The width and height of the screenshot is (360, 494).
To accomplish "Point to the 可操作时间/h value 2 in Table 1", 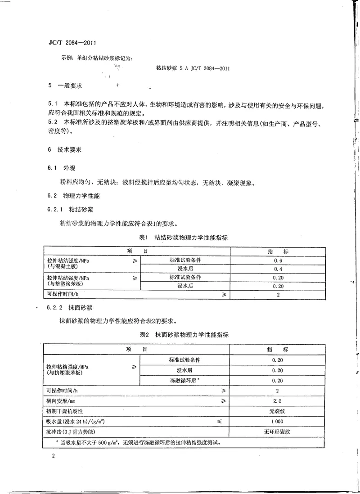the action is click(278, 295).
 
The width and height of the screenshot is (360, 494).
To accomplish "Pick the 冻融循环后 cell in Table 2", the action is click(184, 380).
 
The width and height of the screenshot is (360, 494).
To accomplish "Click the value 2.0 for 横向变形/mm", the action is click(277, 401).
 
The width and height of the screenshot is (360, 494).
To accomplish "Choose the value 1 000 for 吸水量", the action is click(277, 422).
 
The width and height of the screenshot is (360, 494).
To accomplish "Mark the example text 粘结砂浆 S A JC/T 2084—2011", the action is click(193, 68).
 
